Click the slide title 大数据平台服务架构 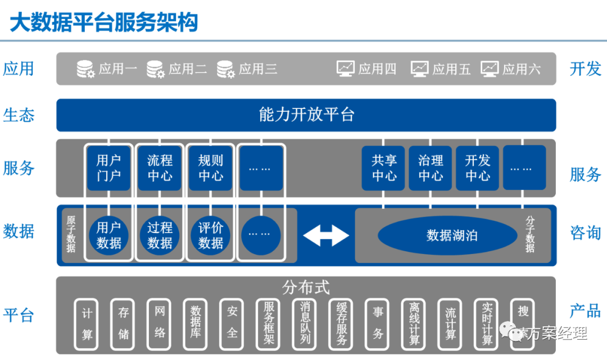click(x=104, y=23)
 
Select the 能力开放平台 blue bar click(x=306, y=115)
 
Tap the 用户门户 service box click(x=108, y=168)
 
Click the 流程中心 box click(x=160, y=168)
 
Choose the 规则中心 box click(x=210, y=168)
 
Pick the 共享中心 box click(x=384, y=168)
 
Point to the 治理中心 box click(x=431, y=168)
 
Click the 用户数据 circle click(x=108, y=235)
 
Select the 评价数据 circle click(x=210, y=235)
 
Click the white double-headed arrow click(x=326, y=235)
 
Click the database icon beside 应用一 click(x=85, y=69)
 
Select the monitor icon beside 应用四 click(x=345, y=69)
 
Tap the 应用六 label click(x=522, y=69)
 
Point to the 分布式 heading click(x=306, y=287)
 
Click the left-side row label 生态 click(x=19, y=115)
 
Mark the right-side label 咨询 click(x=585, y=233)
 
